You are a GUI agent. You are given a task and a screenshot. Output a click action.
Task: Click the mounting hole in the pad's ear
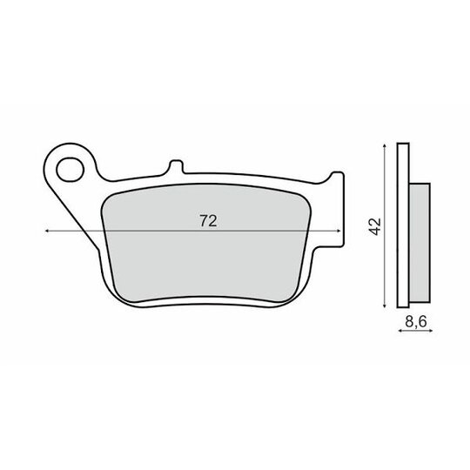click(x=70, y=170)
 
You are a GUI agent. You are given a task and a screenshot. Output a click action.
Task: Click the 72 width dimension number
click(x=208, y=221)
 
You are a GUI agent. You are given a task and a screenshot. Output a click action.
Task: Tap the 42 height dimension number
click(x=375, y=226)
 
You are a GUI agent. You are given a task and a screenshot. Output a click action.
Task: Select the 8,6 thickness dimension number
click(x=416, y=322)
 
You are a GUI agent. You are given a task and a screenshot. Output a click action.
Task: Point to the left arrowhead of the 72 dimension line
click(x=46, y=231)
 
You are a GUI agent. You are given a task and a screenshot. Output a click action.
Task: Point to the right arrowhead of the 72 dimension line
click(x=339, y=231)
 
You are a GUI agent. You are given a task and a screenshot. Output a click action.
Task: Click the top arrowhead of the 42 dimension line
click(x=385, y=145)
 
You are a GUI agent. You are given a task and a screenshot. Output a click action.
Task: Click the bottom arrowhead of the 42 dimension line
click(x=385, y=305)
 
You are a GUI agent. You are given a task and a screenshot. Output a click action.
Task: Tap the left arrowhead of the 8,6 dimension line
click(x=399, y=331)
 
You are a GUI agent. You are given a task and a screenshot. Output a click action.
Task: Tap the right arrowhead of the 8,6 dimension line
click(x=431, y=331)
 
